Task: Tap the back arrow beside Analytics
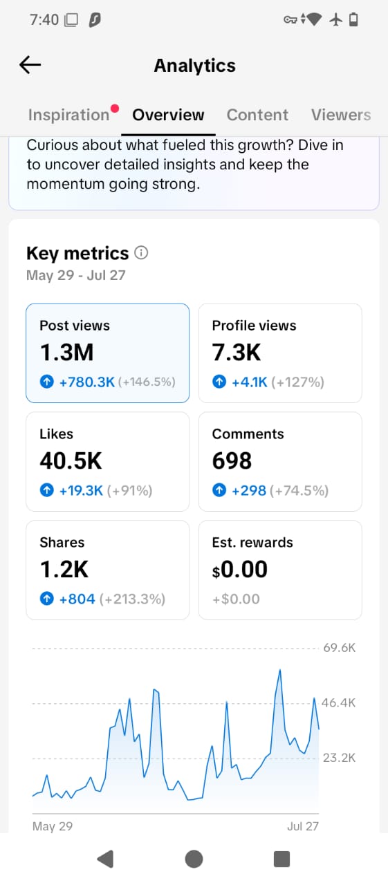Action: pos(30,65)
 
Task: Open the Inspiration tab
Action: pos(68,115)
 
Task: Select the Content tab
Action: pos(257,115)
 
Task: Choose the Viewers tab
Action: pos(341,115)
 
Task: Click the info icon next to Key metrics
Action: pos(141,252)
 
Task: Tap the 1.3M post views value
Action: pos(67,352)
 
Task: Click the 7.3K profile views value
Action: pos(237,352)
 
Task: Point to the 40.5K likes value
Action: pos(71,460)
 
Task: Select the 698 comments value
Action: pos(232,460)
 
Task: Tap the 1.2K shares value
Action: pos(64,569)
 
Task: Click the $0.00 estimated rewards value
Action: pos(240,569)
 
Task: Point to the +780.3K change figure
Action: pos(87,382)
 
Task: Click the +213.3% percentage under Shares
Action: pos(132,599)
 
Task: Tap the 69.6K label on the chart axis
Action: pos(340,648)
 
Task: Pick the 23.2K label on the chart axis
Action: pos(340,758)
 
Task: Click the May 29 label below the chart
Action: pos(53,826)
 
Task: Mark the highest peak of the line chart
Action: pos(280,670)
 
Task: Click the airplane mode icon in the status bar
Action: pos(336,19)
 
